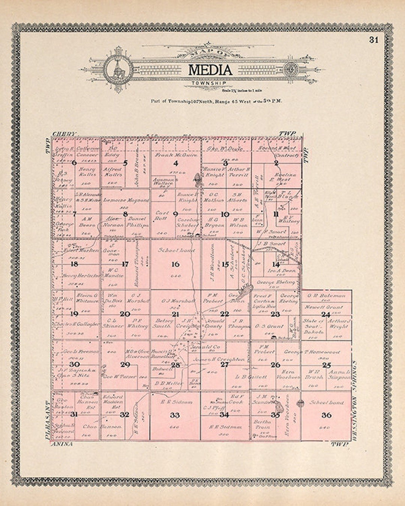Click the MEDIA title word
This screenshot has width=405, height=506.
click(x=210, y=70)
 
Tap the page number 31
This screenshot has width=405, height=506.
click(x=373, y=40)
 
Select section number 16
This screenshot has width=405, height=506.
click(x=175, y=264)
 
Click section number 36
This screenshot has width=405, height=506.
click(x=326, y=415)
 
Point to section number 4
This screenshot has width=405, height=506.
click(x=175, y=163)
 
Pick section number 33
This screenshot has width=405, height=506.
click(x=175, y=415)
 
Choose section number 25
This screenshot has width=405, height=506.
click(x=326, y=365)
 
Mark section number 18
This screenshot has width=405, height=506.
click(x=74, y=264)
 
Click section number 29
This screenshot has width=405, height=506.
click(x=125, y=365)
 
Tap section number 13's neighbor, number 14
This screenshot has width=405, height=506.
click(x=276, y=264)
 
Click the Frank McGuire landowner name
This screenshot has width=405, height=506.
click(x=176, y=155)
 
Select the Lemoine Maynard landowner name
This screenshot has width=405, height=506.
click(x=126, y=201)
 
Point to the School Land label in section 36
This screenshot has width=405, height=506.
click(x=326, y=403)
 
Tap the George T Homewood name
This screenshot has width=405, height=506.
click(x=312, y=352)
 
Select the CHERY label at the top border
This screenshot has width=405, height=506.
click(x=64, y=134)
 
